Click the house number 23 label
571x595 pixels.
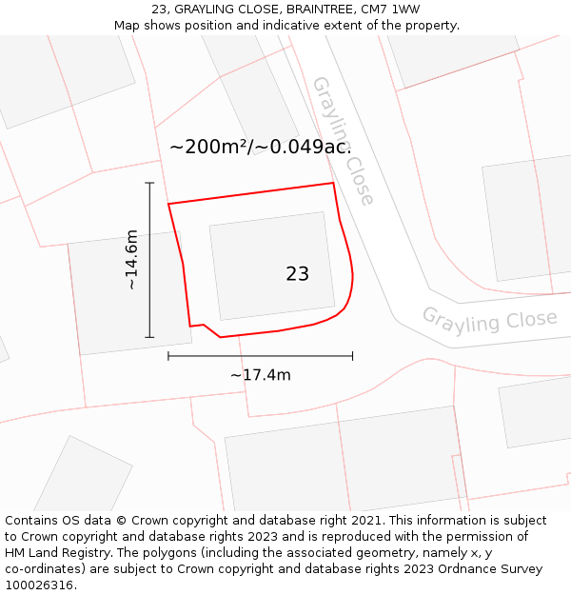[x=297, y=274]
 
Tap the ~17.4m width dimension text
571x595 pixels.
[x=260, y=375]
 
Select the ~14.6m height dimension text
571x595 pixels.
[x=131, y=259]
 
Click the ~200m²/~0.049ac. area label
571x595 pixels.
[x=260, y=147]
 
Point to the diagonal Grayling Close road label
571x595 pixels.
[x=343, y=141]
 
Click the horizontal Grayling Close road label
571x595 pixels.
[x=489, y=319]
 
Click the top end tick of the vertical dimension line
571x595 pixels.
[x=149, y=183]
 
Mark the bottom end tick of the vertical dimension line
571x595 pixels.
[x=149, y=337]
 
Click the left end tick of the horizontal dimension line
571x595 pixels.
[x=168, y=356]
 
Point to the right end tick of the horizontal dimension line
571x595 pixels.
[x=352, y=356]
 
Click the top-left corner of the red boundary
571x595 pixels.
[x=168, y=204]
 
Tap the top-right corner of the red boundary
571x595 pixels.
[x=333, y=183]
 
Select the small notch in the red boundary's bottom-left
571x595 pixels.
[x=204, y=326]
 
